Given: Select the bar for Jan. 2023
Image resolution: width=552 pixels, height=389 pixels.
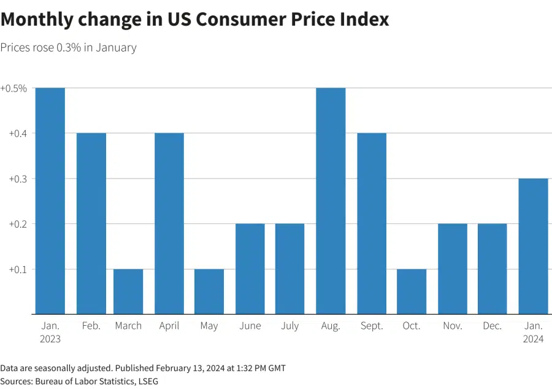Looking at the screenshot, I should [50, 201].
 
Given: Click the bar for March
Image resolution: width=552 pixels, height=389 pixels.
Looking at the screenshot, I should [128, 291].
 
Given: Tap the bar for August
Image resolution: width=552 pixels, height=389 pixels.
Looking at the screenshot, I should [331, 201].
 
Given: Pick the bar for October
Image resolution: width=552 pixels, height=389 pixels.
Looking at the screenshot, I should [412, 291].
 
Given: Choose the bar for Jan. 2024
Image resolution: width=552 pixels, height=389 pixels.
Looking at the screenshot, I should [533, 246].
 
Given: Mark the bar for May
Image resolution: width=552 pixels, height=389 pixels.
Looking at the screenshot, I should [209, 291].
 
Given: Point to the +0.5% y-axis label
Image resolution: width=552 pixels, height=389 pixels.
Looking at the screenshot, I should [13, 88].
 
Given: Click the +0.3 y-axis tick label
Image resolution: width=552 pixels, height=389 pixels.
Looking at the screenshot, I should [17, 179].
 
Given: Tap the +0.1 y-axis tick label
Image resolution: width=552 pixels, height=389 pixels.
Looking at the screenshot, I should [17, 269].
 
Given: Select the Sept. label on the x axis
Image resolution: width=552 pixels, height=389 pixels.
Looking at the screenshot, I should [371, 326].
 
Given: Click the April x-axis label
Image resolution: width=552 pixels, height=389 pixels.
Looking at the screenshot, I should [169, 326].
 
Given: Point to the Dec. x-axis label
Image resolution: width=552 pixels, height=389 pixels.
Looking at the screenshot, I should [493, 326].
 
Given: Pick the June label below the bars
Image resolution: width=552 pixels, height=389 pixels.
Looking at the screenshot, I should [250, 326].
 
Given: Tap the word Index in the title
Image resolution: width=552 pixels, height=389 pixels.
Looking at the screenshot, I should [366, 19].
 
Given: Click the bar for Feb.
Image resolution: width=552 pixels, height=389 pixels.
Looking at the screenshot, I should [91, 224].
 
